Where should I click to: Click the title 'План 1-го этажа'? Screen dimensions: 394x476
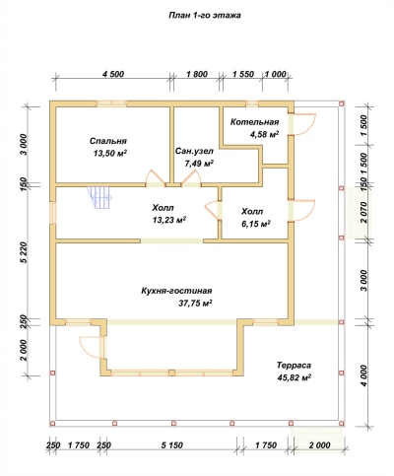[204, 16]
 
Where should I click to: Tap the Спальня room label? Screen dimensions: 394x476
[108, 141]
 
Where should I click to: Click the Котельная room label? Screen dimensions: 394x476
[254, 122]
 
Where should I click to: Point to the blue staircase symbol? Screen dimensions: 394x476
[99, 198]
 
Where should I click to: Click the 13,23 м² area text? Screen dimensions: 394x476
[169, 220]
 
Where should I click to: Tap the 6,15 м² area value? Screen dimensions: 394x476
[255, 224]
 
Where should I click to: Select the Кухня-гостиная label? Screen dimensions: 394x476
[176, 291]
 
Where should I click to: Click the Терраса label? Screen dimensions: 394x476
[294, 365]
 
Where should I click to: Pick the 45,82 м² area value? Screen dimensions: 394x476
[295, 377]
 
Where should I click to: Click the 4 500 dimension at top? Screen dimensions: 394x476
[113, 74]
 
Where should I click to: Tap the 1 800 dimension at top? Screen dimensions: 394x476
[197, 74]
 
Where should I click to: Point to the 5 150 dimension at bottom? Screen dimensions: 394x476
[171, 445]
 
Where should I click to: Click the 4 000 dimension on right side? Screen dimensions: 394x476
[363, 375]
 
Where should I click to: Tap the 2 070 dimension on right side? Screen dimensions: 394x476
[363, 213]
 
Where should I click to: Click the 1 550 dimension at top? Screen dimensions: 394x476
[243, 74]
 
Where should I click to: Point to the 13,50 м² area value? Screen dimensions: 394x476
[110, 154]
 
